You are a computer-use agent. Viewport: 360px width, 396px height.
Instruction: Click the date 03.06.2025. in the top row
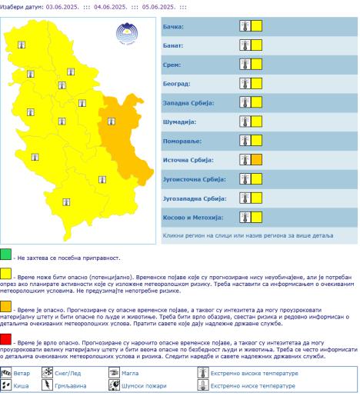point(68,6)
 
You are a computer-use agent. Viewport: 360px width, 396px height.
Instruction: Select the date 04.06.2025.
point(118,6)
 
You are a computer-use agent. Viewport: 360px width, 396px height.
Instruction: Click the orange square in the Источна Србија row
point(258,160)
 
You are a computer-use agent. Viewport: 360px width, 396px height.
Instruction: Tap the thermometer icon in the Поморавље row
point(245,141)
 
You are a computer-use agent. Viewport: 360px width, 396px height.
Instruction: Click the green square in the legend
point(5,255)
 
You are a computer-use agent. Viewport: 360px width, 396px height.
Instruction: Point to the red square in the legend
point(5,339)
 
